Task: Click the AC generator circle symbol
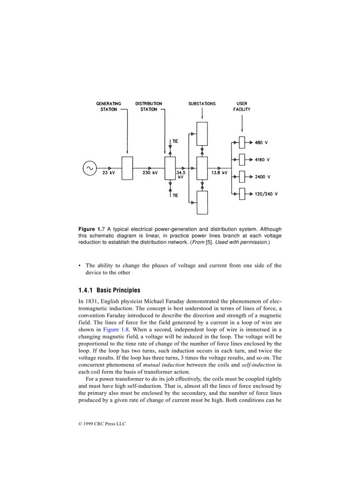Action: [x=90, y=168]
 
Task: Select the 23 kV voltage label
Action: [x=109, y=173]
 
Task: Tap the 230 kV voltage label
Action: [x=150, y=173]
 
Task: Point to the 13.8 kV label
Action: [x=219, y=173]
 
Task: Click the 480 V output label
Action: [x=261, y=143]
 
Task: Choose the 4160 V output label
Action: [x=262, y=160]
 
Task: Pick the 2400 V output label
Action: [x=262, y=177]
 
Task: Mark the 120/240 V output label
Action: [x=266, y=194]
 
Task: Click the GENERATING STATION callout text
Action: [x=109, y=107]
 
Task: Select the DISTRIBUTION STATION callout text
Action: [x=149, y=107]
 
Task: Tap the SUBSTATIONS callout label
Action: [x=202, y=104]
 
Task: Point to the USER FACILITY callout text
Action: [x=242, y=107]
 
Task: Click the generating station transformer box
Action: [x=127, y=168]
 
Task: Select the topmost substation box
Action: [x=202, y=134]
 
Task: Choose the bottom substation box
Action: [x=202, y=202]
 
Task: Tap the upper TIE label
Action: [x=175, y=141]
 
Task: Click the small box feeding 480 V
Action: [x=242, y=142]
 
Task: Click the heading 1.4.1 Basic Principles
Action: [x=109, y=290]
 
